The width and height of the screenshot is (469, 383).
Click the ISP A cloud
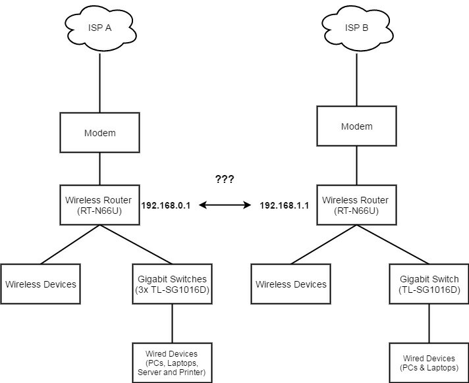(x=99, y=28)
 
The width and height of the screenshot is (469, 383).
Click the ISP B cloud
(x=356, y=28)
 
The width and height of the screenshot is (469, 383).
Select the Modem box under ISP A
(x=99, y=133)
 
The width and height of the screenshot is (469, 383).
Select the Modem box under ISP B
(x=356, y=126)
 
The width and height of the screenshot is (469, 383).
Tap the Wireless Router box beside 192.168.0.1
(x=99, y=205)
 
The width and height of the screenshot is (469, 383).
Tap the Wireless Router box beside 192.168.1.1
(x=356, y=205)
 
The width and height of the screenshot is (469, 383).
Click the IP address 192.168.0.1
(x=165, y=206)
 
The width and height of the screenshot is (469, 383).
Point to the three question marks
(x=225, y=179)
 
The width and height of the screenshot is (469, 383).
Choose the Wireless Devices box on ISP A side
(x=41, y=284)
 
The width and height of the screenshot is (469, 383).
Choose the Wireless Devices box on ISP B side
(x=290, y=284)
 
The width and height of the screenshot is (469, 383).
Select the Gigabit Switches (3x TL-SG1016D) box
(x=172, y=284)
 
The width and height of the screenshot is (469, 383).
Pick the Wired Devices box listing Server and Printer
(x=172, y=363)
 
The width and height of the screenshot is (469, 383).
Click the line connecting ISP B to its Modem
(x=356, y=79)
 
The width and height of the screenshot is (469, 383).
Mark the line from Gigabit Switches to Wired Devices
(x=172, y=324)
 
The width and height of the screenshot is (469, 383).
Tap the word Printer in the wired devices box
(x=191, y=373)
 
